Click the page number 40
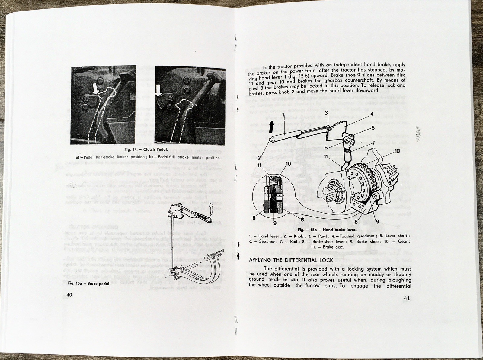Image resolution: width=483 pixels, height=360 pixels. (69, 295)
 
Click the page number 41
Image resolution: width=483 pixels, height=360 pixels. (406, 298)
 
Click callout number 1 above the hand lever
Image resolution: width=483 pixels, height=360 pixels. (283, 115)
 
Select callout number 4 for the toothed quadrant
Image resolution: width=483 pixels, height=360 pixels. (372, 114)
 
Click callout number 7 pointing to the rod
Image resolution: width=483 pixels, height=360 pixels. (373, 143)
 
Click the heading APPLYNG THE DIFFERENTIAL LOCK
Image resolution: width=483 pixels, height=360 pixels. (291, 260)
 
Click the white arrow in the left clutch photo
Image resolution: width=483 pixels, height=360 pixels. (95, 88)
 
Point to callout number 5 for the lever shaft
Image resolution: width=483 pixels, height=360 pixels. (373, 128)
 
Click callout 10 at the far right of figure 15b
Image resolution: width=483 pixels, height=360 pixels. (397, 151)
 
